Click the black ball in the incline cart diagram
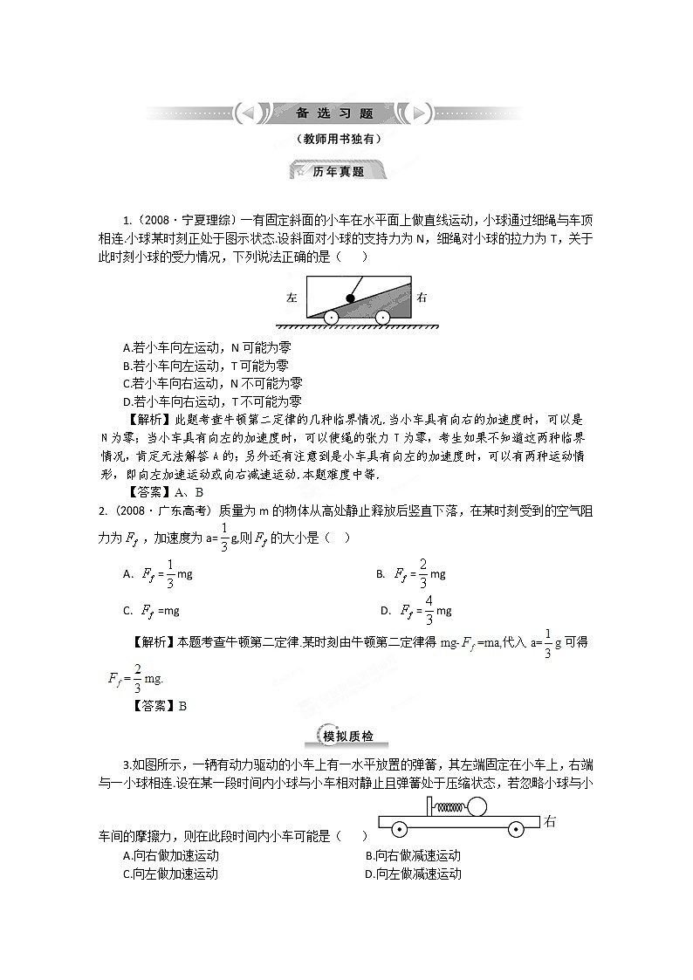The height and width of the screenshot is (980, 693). pyautogui.click(x=351, y=297)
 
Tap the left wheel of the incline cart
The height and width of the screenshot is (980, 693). pyautogui.click(x=332, y=318)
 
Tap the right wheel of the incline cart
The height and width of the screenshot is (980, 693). pyautogui.click(x=382, y=318)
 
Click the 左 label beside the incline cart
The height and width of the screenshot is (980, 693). pyautogui.click(x=292, y=298)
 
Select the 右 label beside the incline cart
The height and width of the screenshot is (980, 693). pyautogui.click(x=422, y=298)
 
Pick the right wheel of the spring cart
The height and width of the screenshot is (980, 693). pyautogui.click(x=515, y=827)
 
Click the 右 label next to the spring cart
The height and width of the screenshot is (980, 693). pyautogui.click(x=549, y=821)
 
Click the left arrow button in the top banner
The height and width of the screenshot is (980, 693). pyautogui.click(x=247, y=113)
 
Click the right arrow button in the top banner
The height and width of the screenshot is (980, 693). pyautogui.click(x=419, y=113)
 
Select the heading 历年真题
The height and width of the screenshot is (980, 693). pyautogui.click(x=338, y=172)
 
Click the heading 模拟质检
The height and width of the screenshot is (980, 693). pyautogui.click(x=347, y=737)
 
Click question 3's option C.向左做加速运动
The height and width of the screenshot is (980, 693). pyautogui.click(x=171, y=874)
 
